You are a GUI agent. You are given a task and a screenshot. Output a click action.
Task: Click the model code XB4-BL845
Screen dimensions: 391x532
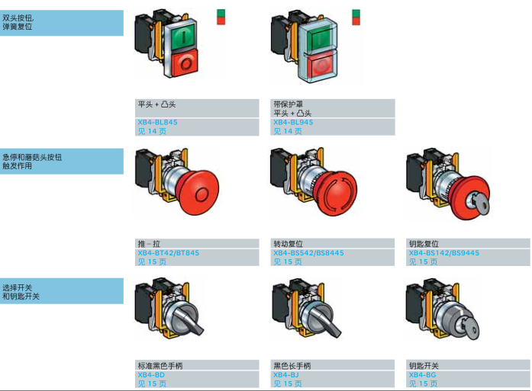click(x=157, y=122)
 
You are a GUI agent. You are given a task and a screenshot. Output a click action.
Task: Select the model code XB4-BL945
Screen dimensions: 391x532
click(x=293, y=122)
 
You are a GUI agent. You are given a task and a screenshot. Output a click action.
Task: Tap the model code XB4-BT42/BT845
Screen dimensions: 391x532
click(x=168, y=253)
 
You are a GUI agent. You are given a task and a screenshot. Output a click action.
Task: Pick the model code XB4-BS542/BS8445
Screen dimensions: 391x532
click(x=308, y=253)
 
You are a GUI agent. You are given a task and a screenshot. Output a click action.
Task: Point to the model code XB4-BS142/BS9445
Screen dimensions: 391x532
click(x=444, y=253)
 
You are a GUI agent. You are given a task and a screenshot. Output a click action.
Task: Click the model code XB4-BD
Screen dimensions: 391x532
click(x=150, y=375)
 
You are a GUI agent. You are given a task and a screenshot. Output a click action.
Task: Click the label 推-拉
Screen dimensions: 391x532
click(x=148, y=245)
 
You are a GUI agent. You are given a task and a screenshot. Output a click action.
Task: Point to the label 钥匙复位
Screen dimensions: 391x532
click(x=424, y=245)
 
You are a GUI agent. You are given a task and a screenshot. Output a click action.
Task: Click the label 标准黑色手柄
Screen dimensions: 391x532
click(x=160, y=367)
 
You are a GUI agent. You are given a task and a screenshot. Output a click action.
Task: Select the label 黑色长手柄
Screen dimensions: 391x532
click(x=292, y=367)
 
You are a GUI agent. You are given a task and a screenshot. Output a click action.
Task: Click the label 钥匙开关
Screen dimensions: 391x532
click(x=424, y=367)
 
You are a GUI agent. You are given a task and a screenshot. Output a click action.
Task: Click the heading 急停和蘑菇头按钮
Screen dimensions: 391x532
click(x=32, y=157)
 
